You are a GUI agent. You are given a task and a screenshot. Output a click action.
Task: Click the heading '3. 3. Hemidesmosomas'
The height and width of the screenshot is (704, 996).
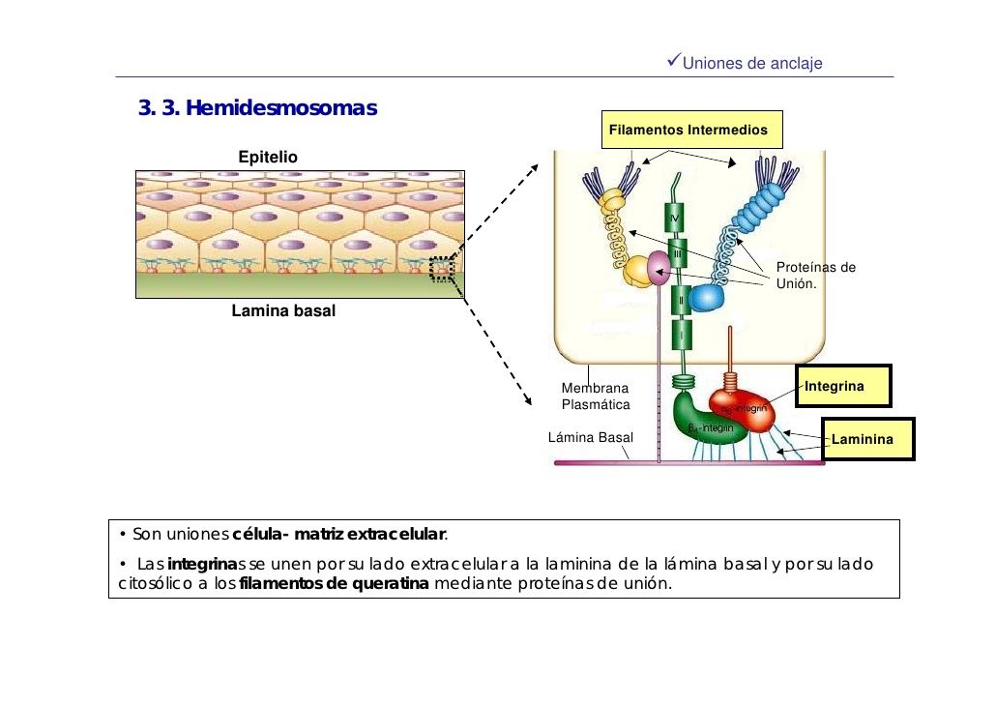257,106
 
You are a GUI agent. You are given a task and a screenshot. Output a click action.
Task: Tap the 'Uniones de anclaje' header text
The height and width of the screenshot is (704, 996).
751,64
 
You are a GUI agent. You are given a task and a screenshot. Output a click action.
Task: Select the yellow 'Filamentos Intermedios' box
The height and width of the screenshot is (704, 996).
688,130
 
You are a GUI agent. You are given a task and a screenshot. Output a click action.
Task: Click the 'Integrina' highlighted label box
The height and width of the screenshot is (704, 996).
840,387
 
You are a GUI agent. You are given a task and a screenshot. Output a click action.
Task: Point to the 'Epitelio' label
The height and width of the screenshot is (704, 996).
268,157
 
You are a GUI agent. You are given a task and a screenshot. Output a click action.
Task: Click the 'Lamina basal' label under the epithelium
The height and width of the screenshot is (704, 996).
283,311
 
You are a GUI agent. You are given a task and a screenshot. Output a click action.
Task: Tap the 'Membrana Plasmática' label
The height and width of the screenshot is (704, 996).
595,396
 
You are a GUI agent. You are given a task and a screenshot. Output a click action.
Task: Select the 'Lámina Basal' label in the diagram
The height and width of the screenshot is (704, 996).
590,437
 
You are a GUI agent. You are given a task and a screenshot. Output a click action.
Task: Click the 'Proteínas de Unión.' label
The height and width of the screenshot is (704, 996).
815,276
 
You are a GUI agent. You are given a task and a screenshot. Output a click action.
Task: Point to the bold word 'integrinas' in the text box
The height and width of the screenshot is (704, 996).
201,564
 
